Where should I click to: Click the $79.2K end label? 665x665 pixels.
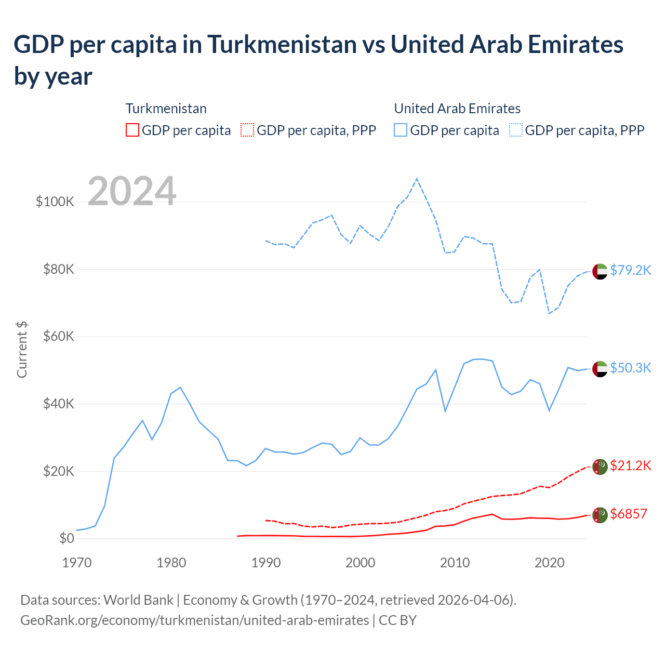tap(630, 270)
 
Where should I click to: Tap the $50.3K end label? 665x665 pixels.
tap(630, 368)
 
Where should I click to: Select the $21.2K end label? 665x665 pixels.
tap(630, 465)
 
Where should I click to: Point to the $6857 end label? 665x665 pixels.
tap(628, 514)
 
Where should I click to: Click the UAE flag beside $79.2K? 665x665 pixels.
tap(600, 271)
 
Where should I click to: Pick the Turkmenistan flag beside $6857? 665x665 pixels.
tap(600, 515)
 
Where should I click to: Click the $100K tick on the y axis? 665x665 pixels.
tap(55, 202)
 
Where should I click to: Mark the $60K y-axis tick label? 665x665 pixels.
tap(58, 336)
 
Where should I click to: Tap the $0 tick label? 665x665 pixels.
tap(66, 538)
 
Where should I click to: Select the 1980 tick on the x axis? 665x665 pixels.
tap(171, 563)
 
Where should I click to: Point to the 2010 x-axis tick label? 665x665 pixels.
tap(455, 563)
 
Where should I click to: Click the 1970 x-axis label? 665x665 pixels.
tap(77, 563)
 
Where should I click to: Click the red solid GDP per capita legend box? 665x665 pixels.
tap(132, 130)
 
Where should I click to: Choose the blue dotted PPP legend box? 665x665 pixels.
tap(516, 130)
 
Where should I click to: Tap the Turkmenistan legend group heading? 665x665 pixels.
tap(166, 109)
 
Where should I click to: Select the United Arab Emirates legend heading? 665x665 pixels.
tap(457, 109)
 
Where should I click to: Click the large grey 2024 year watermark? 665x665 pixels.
tap(132, 191)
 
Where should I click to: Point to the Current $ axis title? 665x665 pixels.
tap(22, 349)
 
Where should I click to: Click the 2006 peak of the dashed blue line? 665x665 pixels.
tap(417, 179)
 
